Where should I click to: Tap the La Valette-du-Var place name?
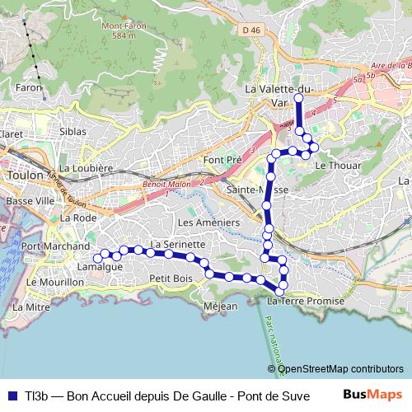click(279, 95)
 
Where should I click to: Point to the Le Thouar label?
click(333, 165)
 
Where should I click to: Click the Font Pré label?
click(222, 159)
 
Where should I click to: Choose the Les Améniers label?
click(208, 222)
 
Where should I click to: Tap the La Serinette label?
click(177, 245)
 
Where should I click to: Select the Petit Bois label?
click(171, 279)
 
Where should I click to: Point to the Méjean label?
click(220, 307)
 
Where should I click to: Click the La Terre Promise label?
click(306, 302)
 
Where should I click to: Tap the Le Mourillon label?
click(56, 282)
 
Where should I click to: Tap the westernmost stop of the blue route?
click(97, 258)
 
